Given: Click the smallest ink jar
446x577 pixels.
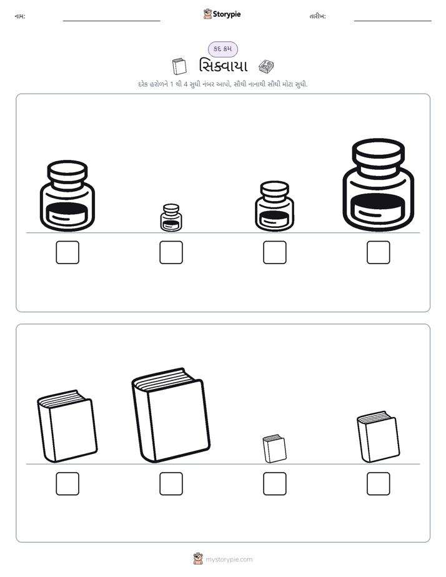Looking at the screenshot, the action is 171,217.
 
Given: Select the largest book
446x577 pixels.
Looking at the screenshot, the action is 171,415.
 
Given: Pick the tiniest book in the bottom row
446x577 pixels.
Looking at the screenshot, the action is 274,448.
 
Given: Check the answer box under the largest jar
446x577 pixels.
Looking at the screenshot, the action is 379,252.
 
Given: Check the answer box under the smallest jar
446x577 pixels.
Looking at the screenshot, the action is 171,252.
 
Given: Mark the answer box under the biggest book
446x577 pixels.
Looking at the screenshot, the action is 171,483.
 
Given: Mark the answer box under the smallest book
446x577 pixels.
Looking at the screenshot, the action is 275,483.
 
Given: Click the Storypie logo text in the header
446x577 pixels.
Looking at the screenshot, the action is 227,14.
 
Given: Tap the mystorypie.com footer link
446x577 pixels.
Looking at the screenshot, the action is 229,560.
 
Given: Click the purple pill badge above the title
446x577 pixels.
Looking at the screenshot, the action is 223,49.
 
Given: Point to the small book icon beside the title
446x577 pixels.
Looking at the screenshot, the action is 179,66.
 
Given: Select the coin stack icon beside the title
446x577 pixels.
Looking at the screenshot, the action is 266,66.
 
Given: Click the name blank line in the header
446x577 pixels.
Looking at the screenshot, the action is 111,21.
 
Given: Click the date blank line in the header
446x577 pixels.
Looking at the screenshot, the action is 393,21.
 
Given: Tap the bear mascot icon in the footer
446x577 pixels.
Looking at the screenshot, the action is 198,559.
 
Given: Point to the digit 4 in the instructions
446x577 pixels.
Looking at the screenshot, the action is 186,84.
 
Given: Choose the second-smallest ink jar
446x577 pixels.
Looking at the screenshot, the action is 274,206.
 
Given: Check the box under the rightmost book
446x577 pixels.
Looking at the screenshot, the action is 379,483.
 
